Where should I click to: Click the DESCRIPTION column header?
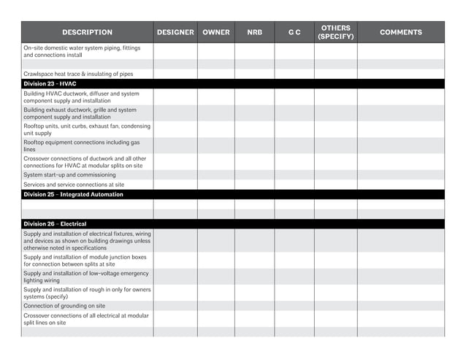click(x=87, y=32)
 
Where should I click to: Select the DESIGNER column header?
click(x=175, y=32)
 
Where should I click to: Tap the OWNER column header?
click(x=215, y=32)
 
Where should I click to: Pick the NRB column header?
click(x=254, y=32)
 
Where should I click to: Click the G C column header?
click(x=294, y=32)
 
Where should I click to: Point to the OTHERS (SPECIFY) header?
click(x=336, y=32)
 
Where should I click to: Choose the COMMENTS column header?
click(x=400, y=32)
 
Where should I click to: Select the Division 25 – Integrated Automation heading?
click(x=73, y=195)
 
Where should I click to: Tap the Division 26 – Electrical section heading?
click(x=55, y=224)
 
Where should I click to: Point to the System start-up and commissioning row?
click(x=69, y=175)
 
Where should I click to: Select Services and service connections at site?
click(x=73, y=185)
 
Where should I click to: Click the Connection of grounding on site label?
click(x=64, y=306)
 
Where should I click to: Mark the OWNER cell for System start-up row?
click(x=215, y=175)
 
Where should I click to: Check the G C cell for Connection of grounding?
click(x=294, y=306)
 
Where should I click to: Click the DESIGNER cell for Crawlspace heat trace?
click(x=175, y=74)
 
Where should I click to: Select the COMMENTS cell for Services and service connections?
click(x=400, y=185)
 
